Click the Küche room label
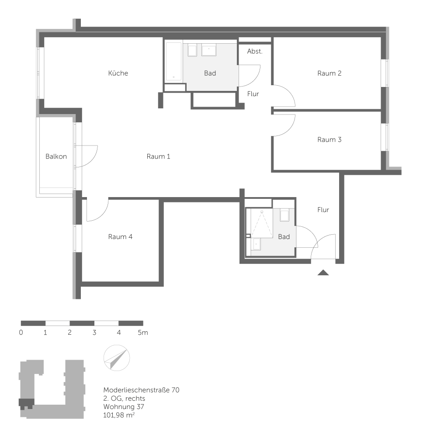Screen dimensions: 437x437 [x=118, y=73]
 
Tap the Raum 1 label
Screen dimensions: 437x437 [x=158, y=156]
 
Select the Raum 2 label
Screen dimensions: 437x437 [x=329, y=73]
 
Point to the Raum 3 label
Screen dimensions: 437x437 [x=329, y=140]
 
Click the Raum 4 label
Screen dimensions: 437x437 [x=120, y=236]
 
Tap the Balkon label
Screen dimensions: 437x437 [x=56, y=156]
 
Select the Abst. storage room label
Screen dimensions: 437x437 [x=255, y=51]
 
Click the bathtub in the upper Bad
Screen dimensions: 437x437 [x=173, y=61]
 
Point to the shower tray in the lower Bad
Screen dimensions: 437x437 [x=262, y=223]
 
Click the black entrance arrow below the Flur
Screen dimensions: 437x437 [x=323, y=273]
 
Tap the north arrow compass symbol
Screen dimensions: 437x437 [x=117, y=358]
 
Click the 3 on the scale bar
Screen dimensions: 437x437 [x=94, y=333]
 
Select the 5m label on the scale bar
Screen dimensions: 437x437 [x=143, y=333]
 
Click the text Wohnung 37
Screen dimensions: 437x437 [x=124, y=406]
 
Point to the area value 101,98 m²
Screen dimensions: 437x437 [x=119, y=415]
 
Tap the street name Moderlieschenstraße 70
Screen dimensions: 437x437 [x=141, y=390]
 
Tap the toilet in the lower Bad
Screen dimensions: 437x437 [x=284, y=215]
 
